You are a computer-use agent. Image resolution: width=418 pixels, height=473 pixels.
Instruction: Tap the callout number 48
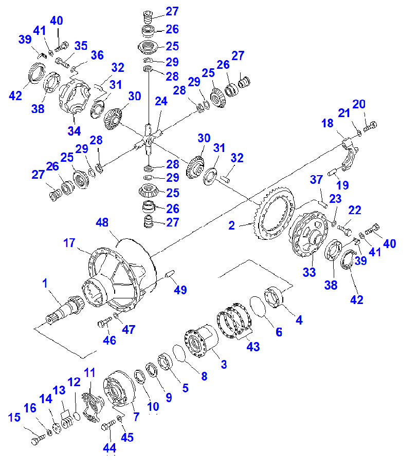pyautogui.click(x=102, y=223)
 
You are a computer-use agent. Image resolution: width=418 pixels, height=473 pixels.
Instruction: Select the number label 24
pyautogui.click(x=161, y=102)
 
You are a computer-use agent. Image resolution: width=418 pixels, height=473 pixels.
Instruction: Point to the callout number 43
pyautogui.click(x=253, y=347)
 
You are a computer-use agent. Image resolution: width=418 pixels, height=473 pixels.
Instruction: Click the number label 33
pyautogui.click(x=309, y=272)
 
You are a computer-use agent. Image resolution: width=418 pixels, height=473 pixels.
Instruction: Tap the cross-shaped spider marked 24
pyautogui.click(x=149, y=138)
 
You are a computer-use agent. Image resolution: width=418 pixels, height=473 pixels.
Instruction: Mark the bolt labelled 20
pyautogui.click(x=370, y=125)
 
